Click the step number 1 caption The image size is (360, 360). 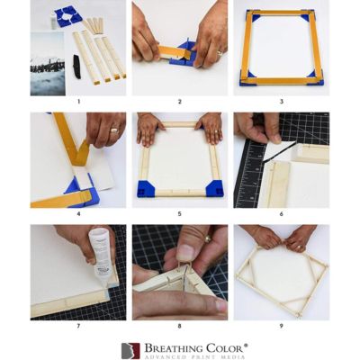click(x=79, y=102)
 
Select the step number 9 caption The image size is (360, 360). click(x=281, y=326)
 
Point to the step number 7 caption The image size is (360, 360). click(x=79, y=326)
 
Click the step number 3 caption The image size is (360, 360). click(x=281, y=102)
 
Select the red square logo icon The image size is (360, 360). click(x=131, y=350)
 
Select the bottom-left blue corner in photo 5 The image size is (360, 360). click(x=145, y=189)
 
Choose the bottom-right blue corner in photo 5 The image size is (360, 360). click(x=214, y=188)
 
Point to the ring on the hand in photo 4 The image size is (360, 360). click(x=112, y=130)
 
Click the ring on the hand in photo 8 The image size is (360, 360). click(x=208, y=238)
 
